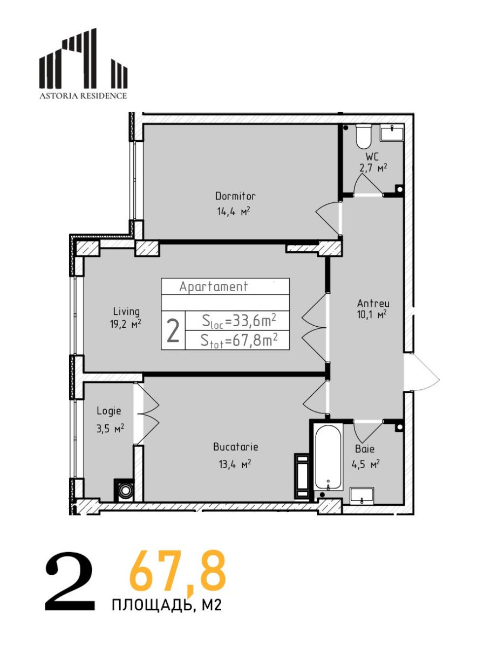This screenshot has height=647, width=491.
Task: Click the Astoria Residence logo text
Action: click(83, 95)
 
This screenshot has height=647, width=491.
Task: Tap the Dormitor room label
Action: click(235, 196)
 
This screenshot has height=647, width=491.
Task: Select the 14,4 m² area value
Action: click(234, 211)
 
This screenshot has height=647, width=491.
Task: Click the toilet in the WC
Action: click(364, 136)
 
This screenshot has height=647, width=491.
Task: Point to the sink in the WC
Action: click(392, 132)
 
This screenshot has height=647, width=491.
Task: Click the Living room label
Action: click(126, 312)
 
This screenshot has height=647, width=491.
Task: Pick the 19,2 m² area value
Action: click(125, 324)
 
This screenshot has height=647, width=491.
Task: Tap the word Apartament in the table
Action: click(214, 286)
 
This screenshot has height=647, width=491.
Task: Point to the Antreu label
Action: click(373, 304)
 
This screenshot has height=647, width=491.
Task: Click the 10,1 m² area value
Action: click(372, 315)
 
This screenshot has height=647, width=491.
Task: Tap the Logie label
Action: click(109, 411)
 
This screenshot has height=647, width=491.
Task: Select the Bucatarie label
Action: click(236, 447)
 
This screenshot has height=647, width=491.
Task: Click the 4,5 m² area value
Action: click(365, 465)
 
